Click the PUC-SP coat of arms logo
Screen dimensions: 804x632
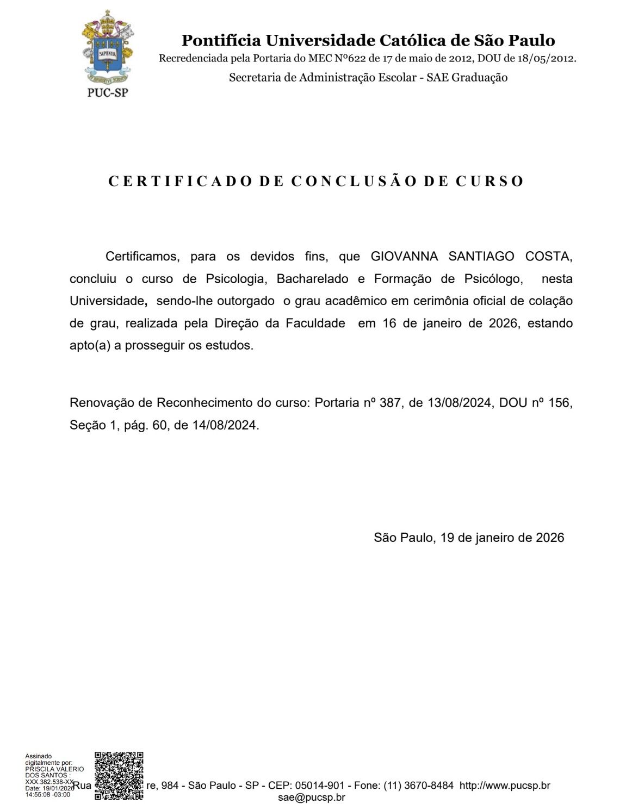(107, 47)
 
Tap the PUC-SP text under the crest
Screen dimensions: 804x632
(107, 92)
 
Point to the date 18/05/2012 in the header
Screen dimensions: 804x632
(544, 59)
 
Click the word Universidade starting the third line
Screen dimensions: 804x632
(107, 301)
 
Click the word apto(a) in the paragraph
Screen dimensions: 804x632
(90, 345)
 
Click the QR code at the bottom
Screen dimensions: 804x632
(119, 776)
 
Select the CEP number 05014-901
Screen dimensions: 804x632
(319, 786)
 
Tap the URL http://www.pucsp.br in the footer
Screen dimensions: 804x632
(505, 786)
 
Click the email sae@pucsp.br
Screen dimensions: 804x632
(311, 797)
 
